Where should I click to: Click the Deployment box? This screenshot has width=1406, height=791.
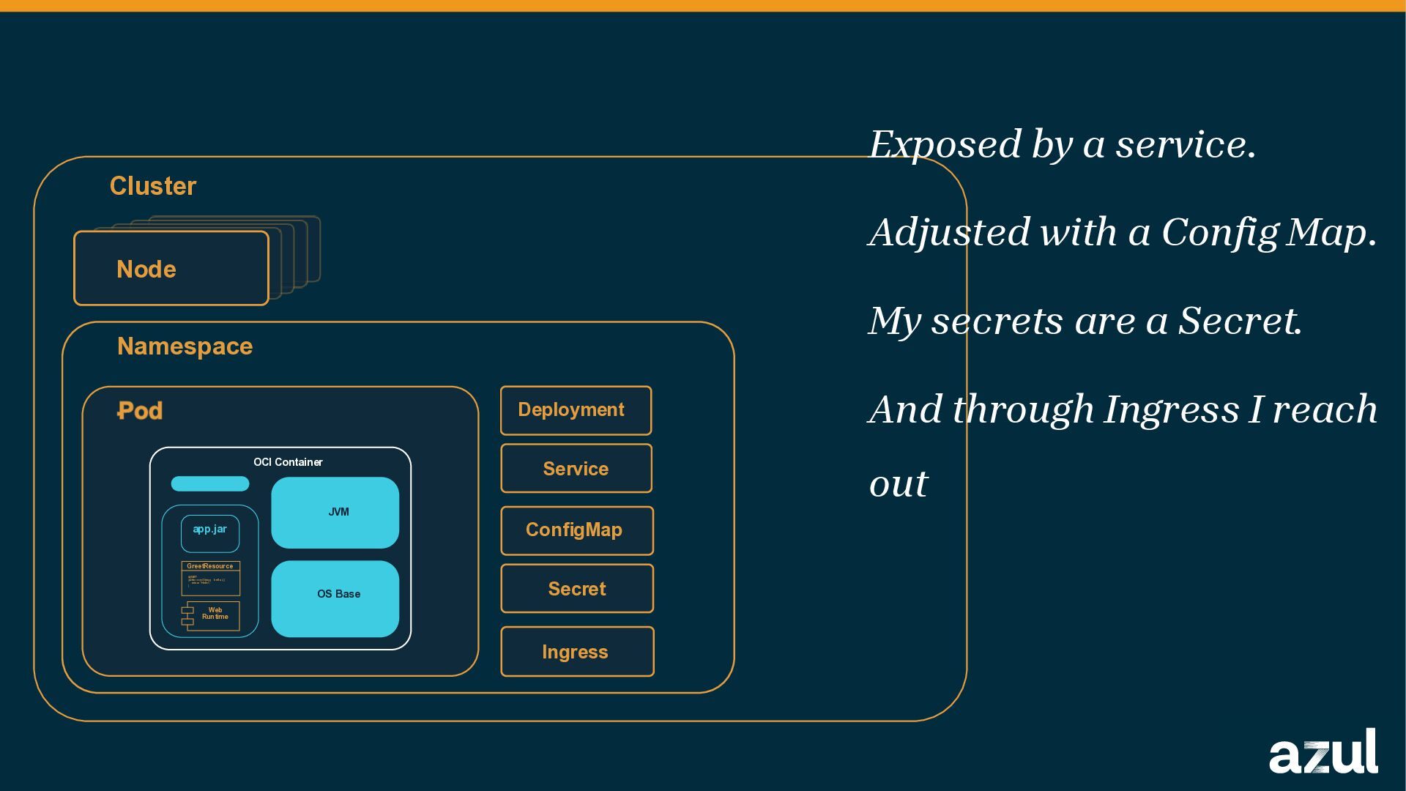tap(576, 410)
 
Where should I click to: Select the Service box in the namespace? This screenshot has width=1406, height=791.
tap(576, 469)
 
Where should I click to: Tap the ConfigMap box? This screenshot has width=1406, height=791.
tap(576, 530)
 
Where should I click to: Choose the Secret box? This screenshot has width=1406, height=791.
tap(576, 589)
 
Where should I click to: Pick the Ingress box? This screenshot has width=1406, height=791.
tap(576, 652)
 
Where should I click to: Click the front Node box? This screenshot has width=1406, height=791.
tap(171, 269)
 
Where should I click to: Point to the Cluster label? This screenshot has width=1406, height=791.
tap(153, 186)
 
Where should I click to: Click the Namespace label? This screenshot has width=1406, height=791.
tap(185, 346)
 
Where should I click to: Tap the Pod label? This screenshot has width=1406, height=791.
tap(140, 411)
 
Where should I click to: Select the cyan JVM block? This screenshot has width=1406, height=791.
tap(335, 512)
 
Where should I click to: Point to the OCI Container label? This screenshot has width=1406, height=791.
tap(288, 462)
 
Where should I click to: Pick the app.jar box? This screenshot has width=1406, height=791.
tap(210, 533)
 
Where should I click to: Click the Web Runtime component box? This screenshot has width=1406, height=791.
tap(212, 615)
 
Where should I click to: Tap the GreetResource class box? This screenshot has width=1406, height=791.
tap(210, 578)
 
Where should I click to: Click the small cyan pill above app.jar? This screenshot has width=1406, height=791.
tap(210, 483)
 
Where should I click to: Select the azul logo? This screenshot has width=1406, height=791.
tap(1323, 751)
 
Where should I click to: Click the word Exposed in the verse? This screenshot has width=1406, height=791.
tap(945, 144)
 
